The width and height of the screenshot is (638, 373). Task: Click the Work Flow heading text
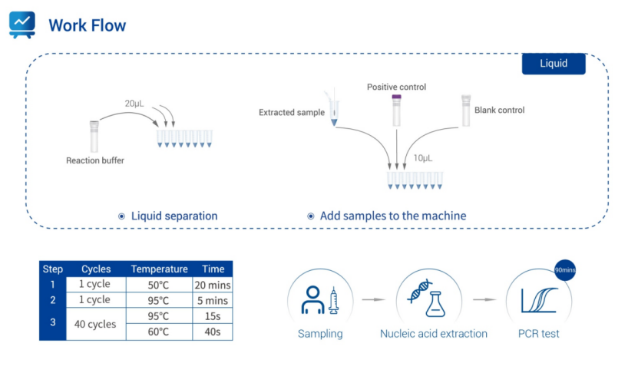pos(87,25)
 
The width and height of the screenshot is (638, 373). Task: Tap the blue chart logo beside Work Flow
pos(22,25)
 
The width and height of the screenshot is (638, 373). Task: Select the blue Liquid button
pos(554,63)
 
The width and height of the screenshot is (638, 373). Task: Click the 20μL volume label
pos(134,103)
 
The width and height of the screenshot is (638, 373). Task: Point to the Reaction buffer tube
pos(94,136)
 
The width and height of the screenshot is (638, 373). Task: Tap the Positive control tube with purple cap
pos(396,110)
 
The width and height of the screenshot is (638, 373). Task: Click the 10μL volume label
pos(423,158)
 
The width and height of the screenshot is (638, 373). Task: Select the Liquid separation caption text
pos(174,216)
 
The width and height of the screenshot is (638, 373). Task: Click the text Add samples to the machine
pos(393,216)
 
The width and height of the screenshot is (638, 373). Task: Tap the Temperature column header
pos(159,269)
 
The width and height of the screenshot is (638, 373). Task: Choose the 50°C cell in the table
pos(159,285)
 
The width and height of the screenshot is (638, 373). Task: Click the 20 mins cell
pos(213,285)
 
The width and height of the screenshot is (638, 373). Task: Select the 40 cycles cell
pos(95,324)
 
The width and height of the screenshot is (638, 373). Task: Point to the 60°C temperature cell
pos(159,332)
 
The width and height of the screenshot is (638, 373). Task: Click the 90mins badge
pos(566,271)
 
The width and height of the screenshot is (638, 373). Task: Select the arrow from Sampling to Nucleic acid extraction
pos(373,299)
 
